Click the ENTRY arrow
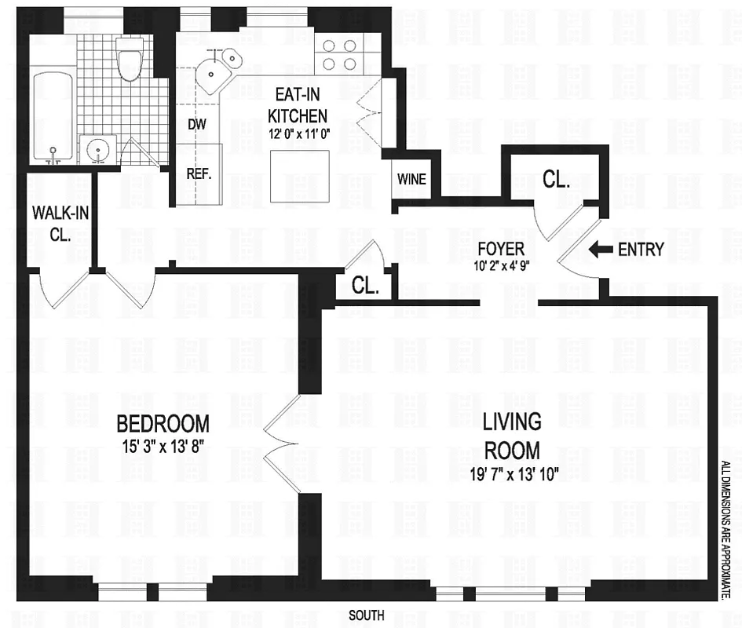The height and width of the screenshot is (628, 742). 601,250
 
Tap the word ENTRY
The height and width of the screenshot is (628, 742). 641,250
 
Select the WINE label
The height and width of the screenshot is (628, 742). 411,179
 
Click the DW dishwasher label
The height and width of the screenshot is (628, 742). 197,124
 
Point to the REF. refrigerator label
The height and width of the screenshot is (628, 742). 199,173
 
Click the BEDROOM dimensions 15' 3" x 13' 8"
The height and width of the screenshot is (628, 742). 163,448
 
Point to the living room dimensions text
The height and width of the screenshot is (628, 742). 511,475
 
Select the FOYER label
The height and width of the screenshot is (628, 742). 500,249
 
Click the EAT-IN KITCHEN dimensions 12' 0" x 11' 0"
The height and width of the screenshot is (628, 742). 296,133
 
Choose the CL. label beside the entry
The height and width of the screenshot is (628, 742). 556,180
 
